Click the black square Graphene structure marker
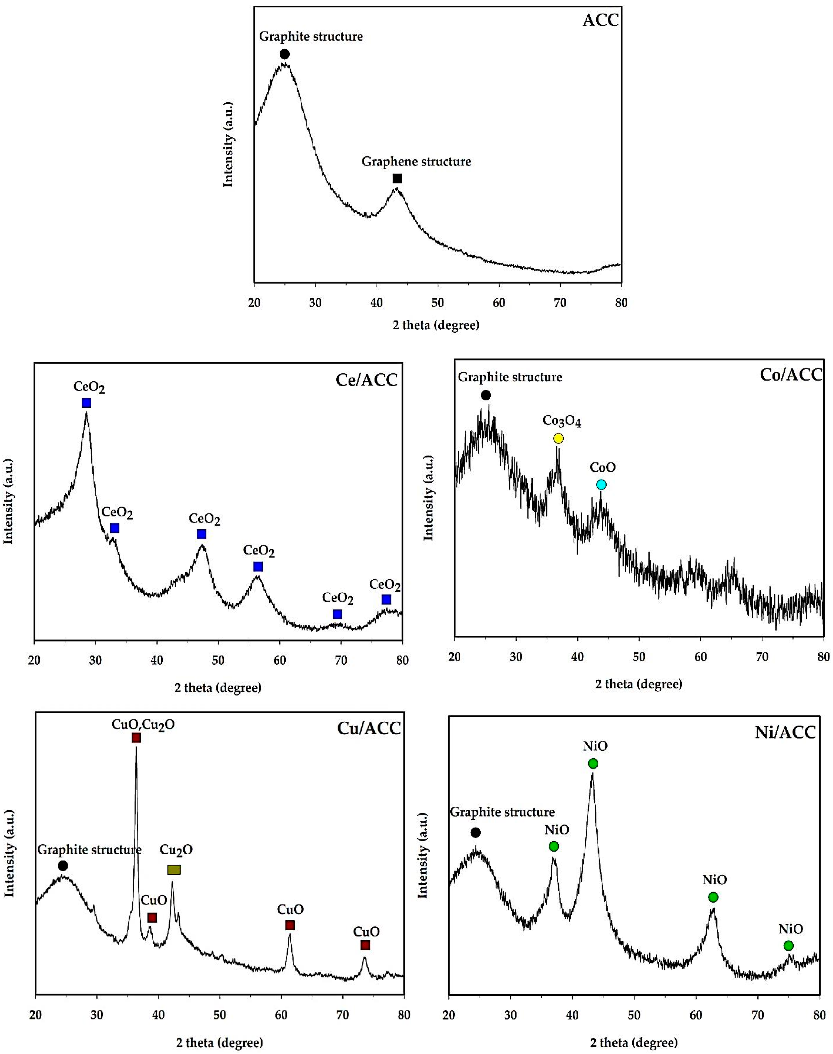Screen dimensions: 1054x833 click(397, 179)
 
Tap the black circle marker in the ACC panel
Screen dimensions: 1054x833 click(284, 54)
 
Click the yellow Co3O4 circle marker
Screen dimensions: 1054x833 click(559, 438)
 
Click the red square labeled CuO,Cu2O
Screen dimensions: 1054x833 click(136, 738)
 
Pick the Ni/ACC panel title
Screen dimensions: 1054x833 click(785, 732)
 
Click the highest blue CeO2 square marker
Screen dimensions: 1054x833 click(86, 402)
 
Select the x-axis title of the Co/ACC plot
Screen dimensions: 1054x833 click(638, 684)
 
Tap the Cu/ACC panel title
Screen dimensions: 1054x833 click(369, 728)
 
